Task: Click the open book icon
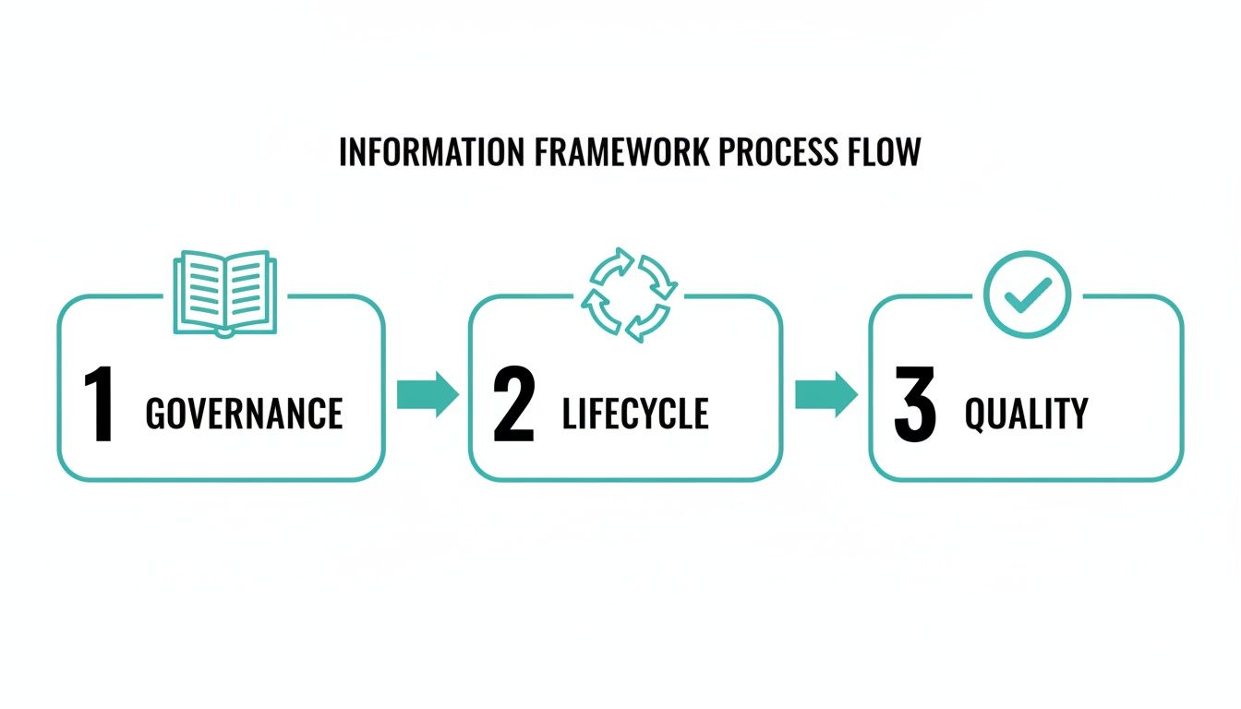pyautogui.click(x=224, y=293)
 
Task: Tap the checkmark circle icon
pyautogui.click(x=1027, y=294)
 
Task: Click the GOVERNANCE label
pyautogui.click(x=245, y=414)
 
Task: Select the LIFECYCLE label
pyautogui.click(x=635, y=414)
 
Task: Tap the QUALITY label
pyautogui.click(x=1026, y=414)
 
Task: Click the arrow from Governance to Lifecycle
pyautogui.click(x=428, y=394)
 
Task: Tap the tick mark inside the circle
pyautogui.click(x=1027, y=294)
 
